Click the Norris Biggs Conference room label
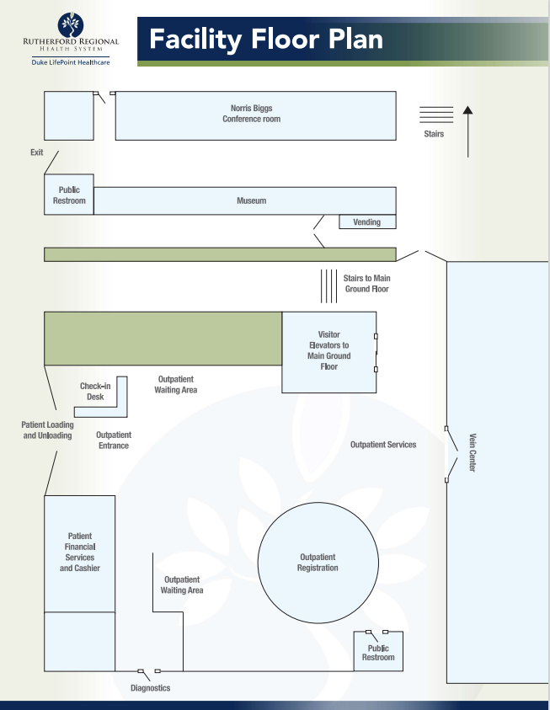coord(251,114)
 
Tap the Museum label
coord(251,200)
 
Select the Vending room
coord(367,222)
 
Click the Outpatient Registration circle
coord(318,563)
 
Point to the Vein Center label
coord(473,453)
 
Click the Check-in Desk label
coord(95,392)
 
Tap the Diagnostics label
coord(150,688)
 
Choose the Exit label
coord(37,152)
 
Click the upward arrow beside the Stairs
coord(468,131)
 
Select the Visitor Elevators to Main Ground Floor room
coord(329,352)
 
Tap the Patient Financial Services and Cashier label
coord(80,552)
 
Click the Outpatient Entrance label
coord(114,440)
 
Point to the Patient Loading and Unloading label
coord(47,430)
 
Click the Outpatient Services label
coord(383,445)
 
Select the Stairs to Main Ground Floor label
coord(366,284)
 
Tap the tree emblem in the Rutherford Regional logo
coord(71,25)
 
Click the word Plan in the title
coord(355,40)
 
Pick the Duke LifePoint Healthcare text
coord(71,62)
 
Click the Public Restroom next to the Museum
coord(69,195)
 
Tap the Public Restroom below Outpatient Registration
coord(378,651)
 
